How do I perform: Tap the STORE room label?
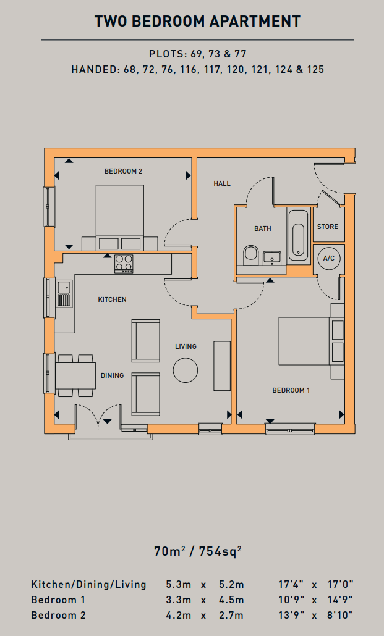328,227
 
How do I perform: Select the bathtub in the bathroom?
299,235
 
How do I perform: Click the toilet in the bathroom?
250,255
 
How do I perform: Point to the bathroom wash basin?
271,258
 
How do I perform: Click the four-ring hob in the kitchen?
124,263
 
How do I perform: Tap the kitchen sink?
64,293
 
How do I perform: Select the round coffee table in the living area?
186,370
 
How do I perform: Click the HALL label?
222,184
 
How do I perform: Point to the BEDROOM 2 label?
123,171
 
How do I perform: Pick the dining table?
75,375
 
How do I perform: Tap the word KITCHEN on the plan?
112,299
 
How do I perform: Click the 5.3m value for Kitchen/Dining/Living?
178,585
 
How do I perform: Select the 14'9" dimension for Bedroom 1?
340,600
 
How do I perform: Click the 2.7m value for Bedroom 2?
231,615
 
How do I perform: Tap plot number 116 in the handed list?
190,69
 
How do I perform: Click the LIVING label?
186,346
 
